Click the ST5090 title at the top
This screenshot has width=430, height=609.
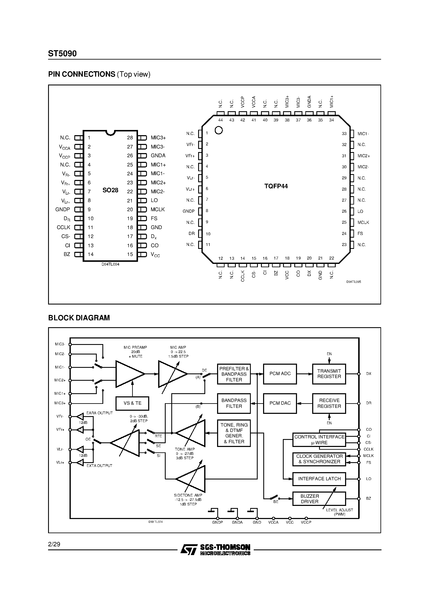point(62,54)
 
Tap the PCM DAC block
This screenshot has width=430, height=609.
point(280,403)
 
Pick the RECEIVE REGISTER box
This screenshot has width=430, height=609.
point(329,403)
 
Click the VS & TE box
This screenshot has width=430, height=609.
point(132,403)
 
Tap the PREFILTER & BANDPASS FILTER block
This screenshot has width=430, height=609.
point(234,374)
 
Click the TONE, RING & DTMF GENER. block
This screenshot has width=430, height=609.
point(234,433)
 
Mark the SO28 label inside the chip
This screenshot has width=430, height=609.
point(110,190)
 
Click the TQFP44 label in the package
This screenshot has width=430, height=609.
point(276,186)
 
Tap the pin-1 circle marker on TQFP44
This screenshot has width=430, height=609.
point(219,130)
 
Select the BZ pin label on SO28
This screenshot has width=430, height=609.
point(67,254)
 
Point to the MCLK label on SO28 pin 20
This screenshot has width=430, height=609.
point(158,210)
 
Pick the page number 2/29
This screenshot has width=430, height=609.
point(54,544)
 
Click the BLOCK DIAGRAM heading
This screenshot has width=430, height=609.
point(79,318)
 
